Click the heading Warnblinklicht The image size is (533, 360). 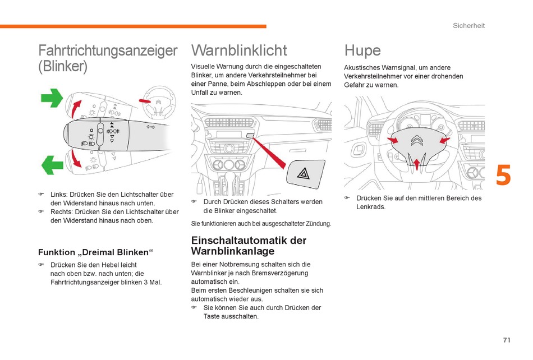point(239,50)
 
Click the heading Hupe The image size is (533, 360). point(362,50)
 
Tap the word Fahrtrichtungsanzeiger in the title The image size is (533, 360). point(108,50)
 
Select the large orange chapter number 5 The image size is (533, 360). point(503,176)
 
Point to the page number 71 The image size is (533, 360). point(507,340)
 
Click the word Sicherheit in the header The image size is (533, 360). point(468,26)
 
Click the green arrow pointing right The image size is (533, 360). point(52,98)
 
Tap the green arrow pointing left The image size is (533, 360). point(52,165)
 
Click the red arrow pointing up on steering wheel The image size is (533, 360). point(416,163)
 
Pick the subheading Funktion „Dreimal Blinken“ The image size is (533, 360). point(95,252)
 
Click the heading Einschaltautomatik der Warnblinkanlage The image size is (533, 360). point(249,246)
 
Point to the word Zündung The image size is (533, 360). point(318,224)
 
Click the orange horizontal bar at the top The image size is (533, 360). point(133,26)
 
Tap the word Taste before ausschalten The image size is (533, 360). point(212,316)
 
